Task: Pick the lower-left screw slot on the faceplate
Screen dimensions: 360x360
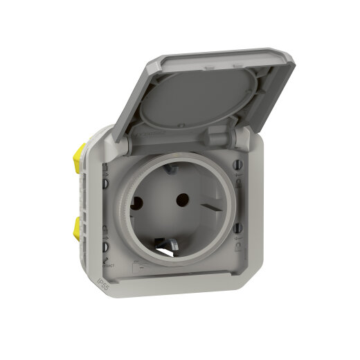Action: (105, 246)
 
